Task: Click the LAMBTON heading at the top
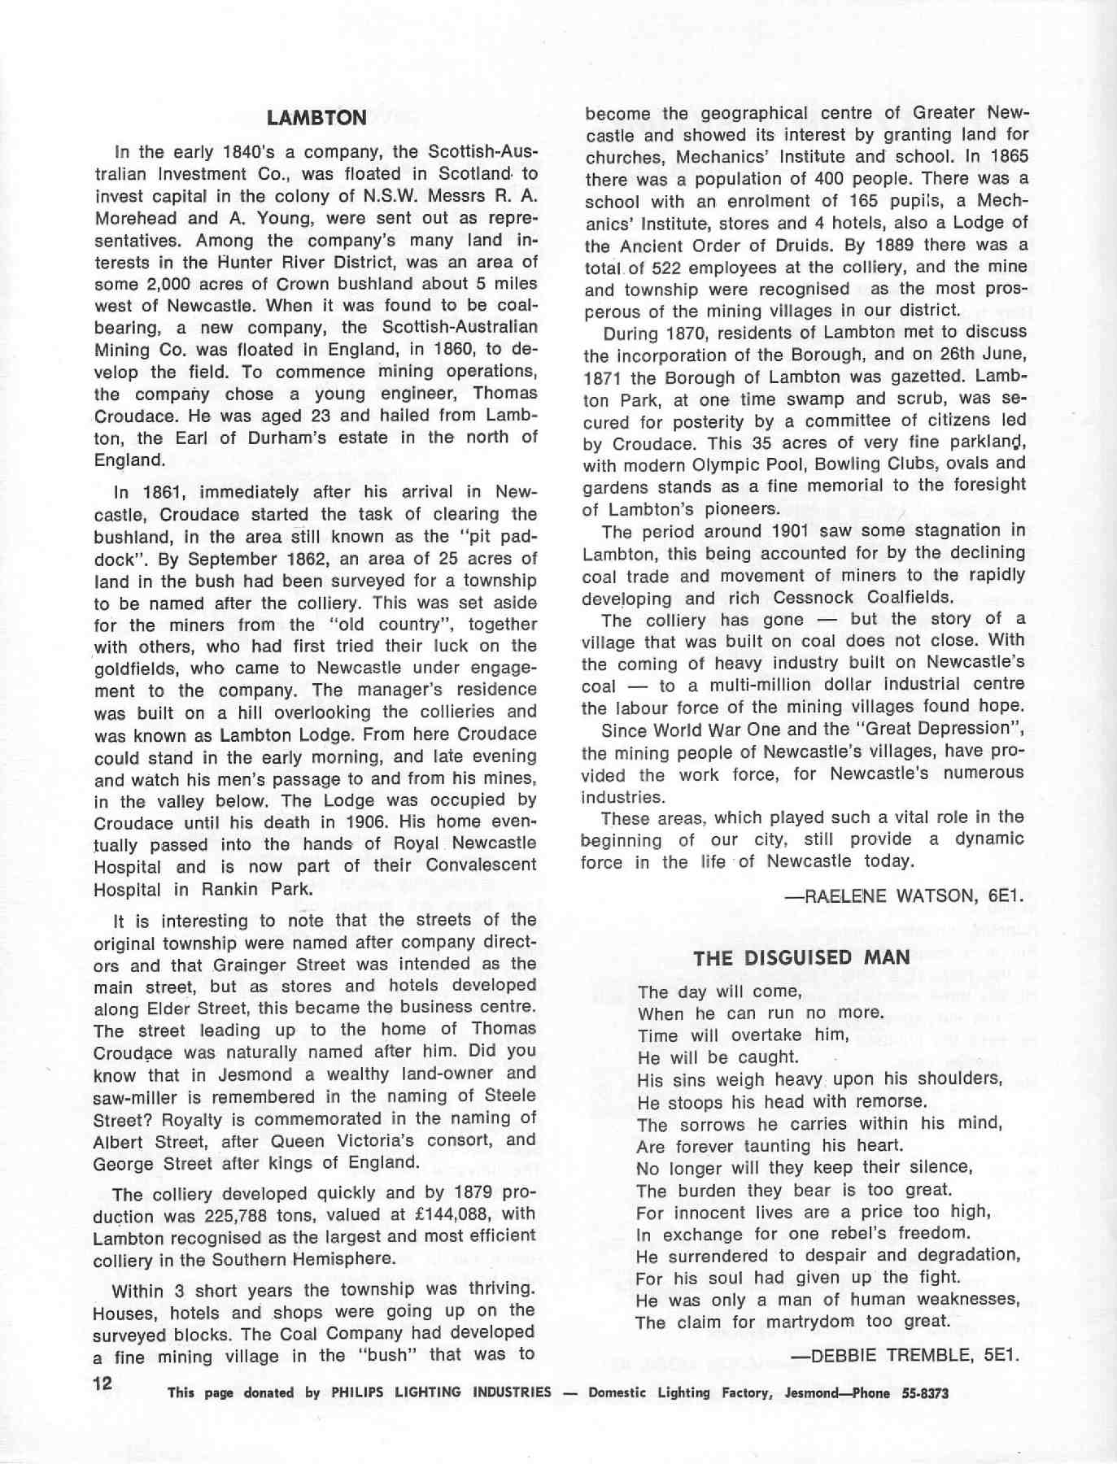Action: (316, 118)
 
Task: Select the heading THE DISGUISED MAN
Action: (801, 957)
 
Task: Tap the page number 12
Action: (103, 1383)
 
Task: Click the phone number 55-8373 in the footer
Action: (925, 1393)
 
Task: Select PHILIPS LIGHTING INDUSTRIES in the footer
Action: (441, 1392)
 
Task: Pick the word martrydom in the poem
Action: (805, 1322)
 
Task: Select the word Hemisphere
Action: (345, 1260)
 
